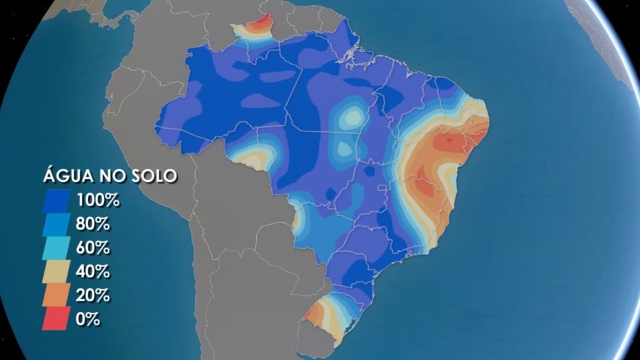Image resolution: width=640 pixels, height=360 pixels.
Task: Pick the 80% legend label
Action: [x=94, y=224]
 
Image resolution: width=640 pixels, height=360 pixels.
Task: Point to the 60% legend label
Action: [x=94, y=248]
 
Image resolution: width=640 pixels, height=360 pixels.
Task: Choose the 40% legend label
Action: [x=94, y=272]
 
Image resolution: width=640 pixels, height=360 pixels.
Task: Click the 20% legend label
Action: [x=94, y=295]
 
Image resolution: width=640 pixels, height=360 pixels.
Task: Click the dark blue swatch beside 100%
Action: [x=57, y=201]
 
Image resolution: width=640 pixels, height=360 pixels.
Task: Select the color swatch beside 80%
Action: [x=57, y=224]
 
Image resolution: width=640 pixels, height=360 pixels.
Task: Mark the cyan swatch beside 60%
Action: [x=57, y=248]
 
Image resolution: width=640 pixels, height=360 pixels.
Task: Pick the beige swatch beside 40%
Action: [x=57, y=272]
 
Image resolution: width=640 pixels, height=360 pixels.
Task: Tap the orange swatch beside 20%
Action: [x=57, y=295]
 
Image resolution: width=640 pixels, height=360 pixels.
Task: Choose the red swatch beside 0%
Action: [x=57, y=319]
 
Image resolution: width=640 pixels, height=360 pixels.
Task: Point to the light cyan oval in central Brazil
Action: [x=351, y=117]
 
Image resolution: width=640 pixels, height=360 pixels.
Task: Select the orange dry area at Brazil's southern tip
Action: [x=319, y=312]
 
